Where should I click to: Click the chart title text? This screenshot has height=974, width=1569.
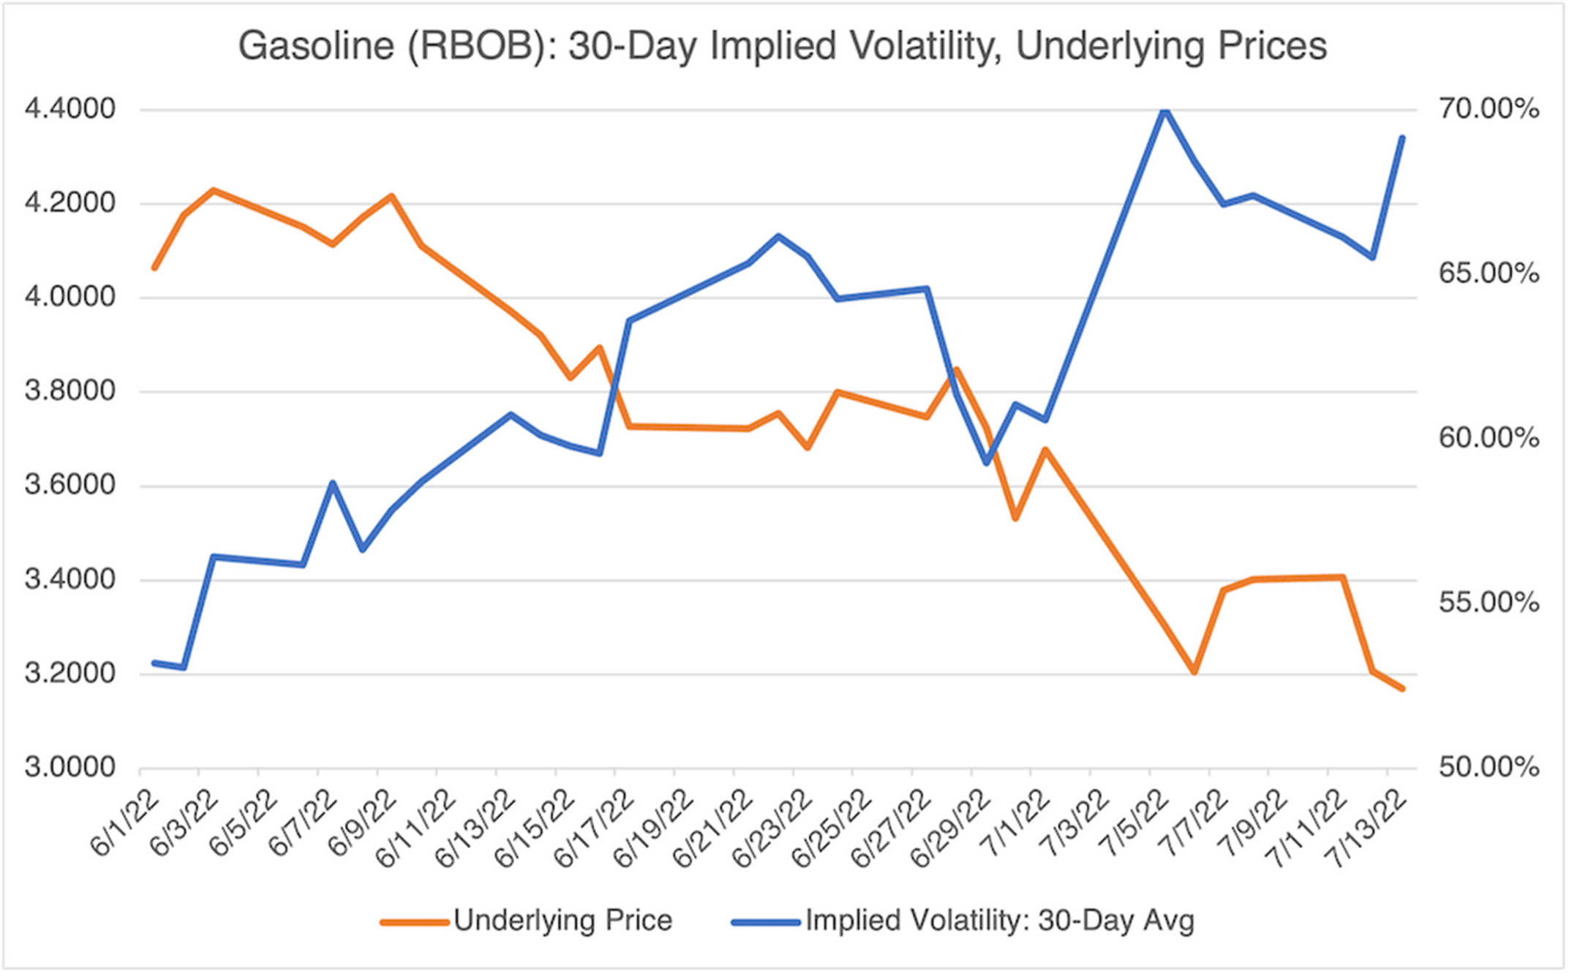pos(782,46)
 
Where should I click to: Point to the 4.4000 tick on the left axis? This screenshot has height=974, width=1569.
pos(70,110)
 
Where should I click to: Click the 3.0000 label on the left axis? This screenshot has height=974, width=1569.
pos(70,768)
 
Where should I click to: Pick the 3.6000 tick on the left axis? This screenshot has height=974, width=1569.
pos(70,486)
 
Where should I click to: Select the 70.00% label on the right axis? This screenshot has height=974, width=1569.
pos(1489,110)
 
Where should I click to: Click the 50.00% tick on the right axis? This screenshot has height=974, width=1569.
pos(1489,768)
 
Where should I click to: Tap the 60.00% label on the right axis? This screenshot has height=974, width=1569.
pos(1489,439)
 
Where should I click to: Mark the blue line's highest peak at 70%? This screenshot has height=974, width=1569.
pos(1164,110)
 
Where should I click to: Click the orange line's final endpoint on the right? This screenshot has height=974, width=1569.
pos(1402,689)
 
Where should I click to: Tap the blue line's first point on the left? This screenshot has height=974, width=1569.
pos(154,663)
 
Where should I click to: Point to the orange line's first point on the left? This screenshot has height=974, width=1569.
pos(154,268)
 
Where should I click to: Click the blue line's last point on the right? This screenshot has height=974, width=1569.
pos(1402,137)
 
